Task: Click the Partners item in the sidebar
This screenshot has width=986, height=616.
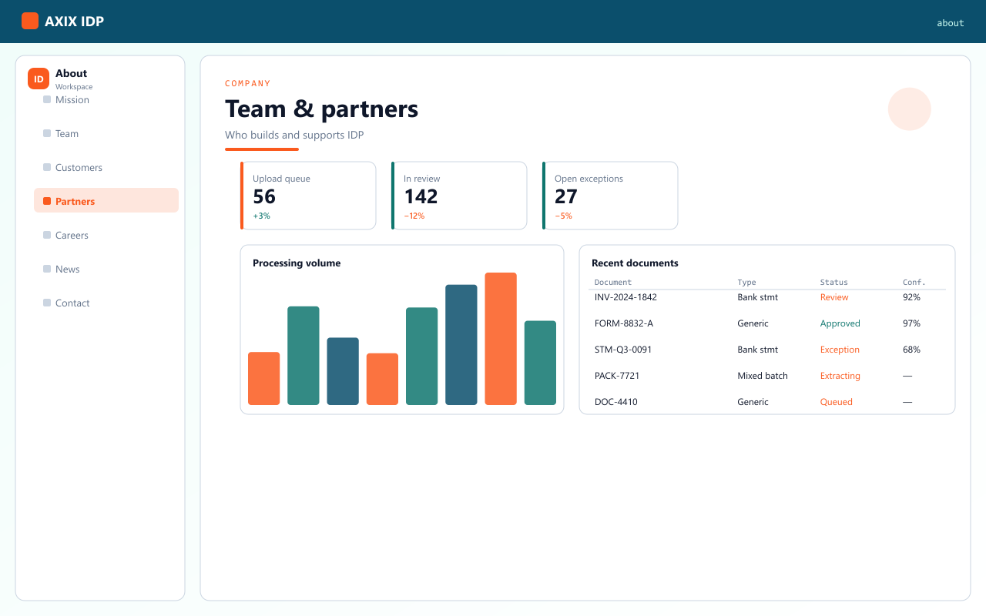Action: (x=106, y=201)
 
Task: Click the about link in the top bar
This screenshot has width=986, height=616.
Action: (x=950, y=23)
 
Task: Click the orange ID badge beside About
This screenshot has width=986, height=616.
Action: (x=39, y=79)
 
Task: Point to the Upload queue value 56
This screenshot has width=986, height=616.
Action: (x=264, y=196)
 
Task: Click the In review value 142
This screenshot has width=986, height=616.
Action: (x=421, y=196)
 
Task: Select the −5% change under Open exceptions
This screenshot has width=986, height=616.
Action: (x=563, y=216)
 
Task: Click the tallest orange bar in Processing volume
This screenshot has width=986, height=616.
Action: (x=501, y=339)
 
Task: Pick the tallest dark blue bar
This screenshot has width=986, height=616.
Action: (x=461, y=344)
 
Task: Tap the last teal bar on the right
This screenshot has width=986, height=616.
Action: (x=540, y=363)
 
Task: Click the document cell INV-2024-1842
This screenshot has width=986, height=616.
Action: (x=625, y=297)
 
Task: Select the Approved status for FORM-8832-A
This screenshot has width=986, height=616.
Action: (x=840, y=323)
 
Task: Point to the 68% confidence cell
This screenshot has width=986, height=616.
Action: (x=911, y=350)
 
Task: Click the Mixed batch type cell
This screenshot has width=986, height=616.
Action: (x=763, y=376)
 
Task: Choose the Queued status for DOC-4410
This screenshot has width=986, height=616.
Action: (x=836, y=402)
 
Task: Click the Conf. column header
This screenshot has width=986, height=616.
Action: (x=914, y=282)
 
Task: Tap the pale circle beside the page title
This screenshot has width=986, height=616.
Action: (x=910, y=109)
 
